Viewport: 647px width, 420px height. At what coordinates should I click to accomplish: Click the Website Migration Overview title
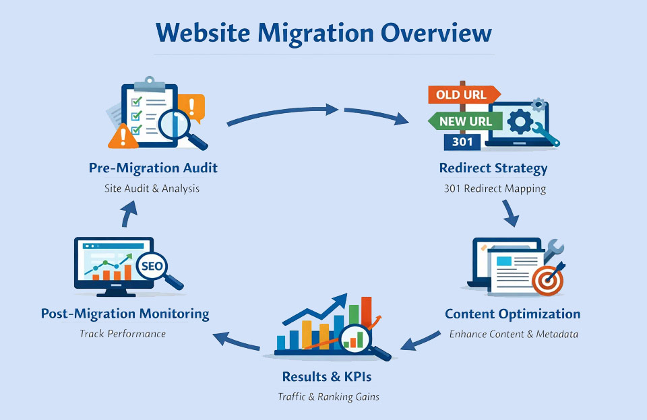point(323,33)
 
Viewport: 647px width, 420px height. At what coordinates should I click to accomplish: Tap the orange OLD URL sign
point(464,95)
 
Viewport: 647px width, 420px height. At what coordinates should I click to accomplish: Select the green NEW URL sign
point(465,121)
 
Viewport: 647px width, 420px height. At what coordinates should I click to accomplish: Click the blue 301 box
point(462,142)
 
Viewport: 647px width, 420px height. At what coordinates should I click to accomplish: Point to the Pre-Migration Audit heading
point(153,168)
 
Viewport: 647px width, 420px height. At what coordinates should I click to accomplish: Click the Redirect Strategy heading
point(493,168)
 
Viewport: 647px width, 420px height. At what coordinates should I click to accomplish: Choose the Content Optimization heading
point(512,314)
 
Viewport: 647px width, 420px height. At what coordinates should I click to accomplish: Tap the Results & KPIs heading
point(327,377)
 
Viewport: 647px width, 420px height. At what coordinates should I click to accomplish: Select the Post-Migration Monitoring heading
point(125,314)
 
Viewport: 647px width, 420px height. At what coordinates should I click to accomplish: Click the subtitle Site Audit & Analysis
point(152,188)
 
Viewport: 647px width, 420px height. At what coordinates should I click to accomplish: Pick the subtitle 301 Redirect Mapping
point(495,188)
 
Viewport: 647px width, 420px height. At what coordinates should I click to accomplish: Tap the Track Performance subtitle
point(123,333)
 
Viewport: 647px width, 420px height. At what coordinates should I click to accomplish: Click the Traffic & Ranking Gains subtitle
point(328,396)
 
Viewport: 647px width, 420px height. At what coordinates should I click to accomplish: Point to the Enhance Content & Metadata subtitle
point(514,335)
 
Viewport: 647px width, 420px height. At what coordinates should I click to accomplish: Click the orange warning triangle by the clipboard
point(123,137)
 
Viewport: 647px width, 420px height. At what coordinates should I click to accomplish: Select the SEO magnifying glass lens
point(152,266)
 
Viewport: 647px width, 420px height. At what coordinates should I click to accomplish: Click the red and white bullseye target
point(547,280)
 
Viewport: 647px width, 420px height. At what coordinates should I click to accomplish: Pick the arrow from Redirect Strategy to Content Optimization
point(510,213)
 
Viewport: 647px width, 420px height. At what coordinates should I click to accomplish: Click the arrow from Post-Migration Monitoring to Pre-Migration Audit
point(129,213)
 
